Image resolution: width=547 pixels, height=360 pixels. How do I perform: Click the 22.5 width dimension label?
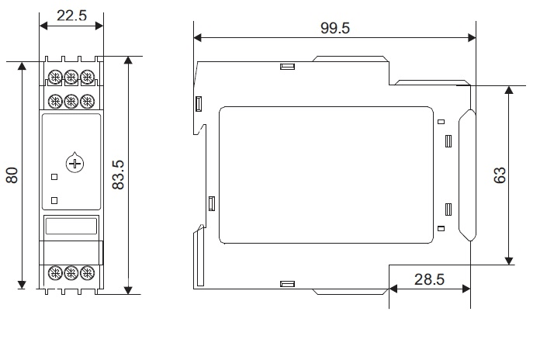point(71,16)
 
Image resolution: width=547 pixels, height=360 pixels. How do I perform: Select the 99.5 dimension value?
point(335,28)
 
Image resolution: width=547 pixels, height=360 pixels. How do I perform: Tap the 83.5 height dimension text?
point(118,175)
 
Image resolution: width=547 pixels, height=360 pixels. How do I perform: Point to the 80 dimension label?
point(12,175)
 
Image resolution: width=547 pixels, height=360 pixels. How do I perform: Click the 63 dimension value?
point(500,175)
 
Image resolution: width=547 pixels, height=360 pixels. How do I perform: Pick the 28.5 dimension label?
point(429,279)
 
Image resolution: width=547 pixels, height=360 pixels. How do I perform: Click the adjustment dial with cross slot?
point(74,163)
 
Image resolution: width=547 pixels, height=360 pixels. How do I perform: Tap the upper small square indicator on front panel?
point(54,177)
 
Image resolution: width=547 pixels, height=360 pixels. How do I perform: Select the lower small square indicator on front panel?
point(54,200)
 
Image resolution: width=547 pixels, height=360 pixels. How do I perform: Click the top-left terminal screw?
point(55,77)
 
